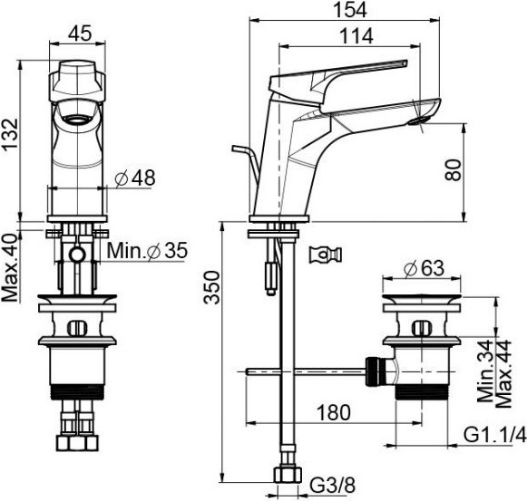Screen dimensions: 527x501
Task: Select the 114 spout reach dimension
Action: [356, 36]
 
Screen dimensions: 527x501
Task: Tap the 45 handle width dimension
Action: [80, 34]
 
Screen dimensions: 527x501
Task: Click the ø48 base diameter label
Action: [135, 178]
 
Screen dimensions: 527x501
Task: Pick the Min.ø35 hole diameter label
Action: [147, 250]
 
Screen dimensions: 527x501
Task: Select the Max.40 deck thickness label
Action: [10, 267]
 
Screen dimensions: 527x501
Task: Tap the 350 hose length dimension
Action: [211, 287]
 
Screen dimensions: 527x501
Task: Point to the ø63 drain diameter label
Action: [424, 268]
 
